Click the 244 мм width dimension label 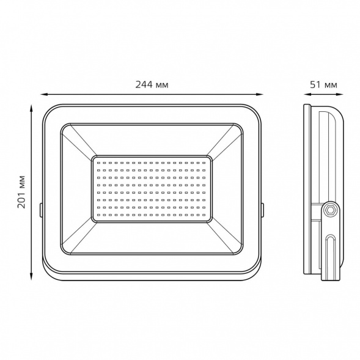click(x=152, y=85)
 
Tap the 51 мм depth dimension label click(x=323, y=85)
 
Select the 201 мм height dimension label click(x=21, y=192)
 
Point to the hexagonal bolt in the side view click(x=331, y=210)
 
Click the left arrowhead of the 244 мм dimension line click(x=43, y=94)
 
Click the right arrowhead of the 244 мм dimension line click(x=260, y=94)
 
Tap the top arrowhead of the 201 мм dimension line click(x=31, y=108)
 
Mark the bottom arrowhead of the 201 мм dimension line click(x=31, y=276)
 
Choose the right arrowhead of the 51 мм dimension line click(x=340, y=94)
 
